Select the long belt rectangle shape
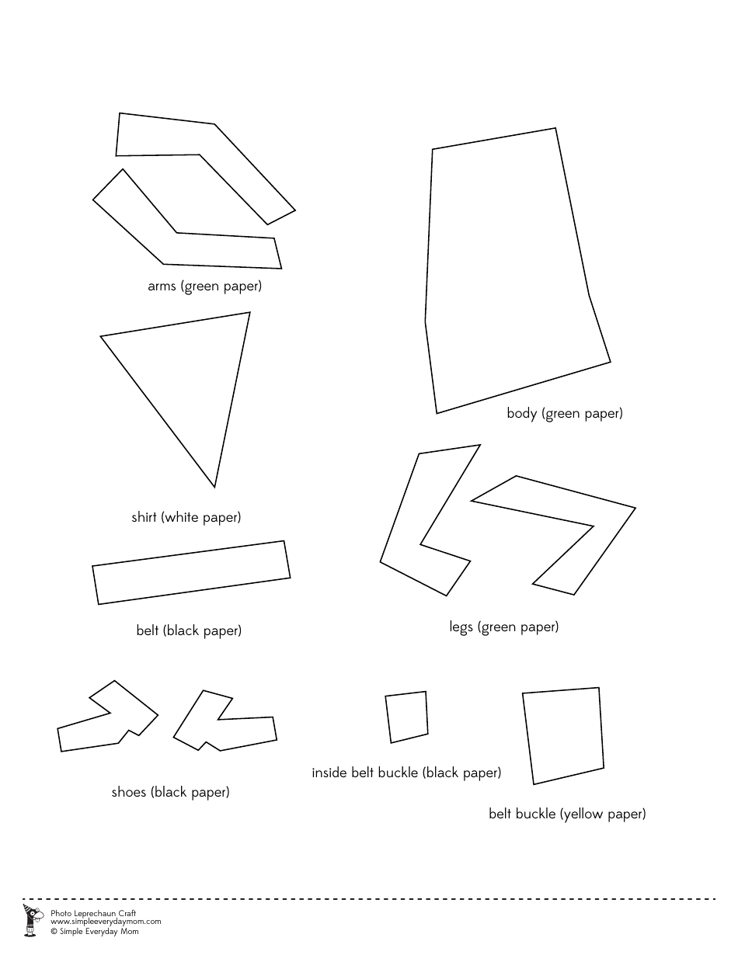coord(191,572)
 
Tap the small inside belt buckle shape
coord(406,716)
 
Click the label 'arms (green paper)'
coord(204,286)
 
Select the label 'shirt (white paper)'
coord(186,517)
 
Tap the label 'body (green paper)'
coord(565,414)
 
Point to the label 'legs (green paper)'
coord(503,627)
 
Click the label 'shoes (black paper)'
coord(170,793)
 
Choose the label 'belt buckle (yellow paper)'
coord(567,814)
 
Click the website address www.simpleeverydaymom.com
coord(106,922)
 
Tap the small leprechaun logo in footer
coord(31,920)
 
